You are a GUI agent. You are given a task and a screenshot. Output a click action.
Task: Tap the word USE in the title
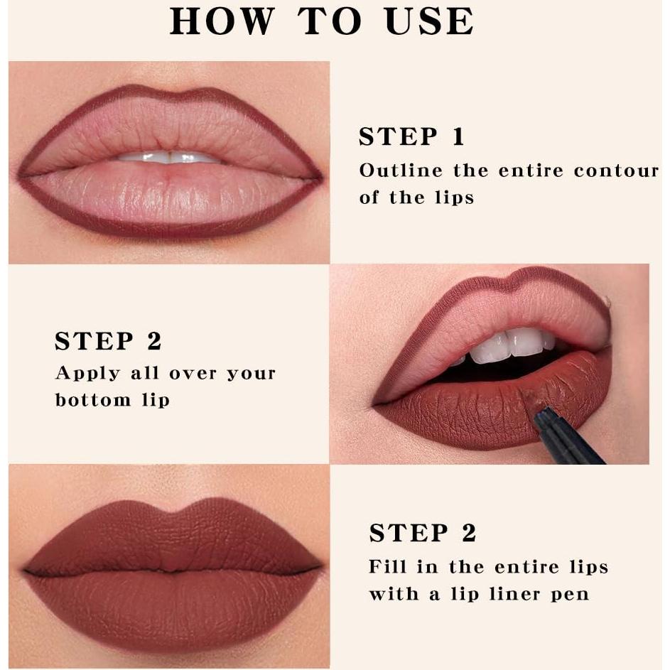click(x=428, y=21)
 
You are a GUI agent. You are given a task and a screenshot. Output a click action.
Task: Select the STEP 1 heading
click(x=411, y=136)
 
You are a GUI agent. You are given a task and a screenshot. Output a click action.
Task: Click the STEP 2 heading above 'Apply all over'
click(x=108, y=341)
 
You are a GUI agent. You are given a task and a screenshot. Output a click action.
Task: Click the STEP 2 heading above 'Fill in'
click(x=422, y=533)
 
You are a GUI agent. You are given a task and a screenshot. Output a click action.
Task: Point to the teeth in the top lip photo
click(x=169, y=157)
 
